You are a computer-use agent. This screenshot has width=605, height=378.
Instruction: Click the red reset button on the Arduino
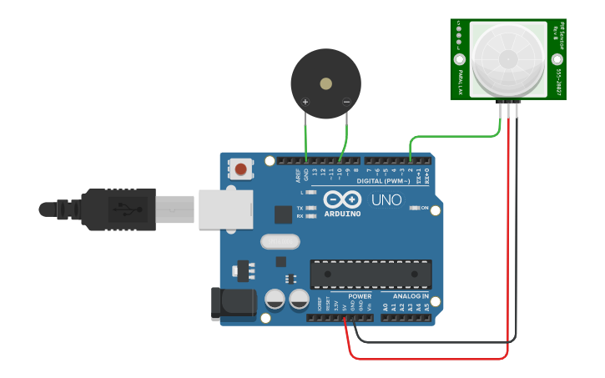pyautogui.click(x=241, y=169)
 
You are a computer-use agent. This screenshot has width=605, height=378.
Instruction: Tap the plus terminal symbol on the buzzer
pyautogui.click(x=305, y=102)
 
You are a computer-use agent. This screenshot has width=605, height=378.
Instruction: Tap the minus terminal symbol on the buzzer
pyautogui.click(x=346, y=102)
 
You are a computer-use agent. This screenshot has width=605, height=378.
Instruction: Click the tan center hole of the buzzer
pyautogui.click(x=325, y=83)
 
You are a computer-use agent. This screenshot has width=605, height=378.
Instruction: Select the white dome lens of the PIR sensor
pyautogui.click(x=507, y=58)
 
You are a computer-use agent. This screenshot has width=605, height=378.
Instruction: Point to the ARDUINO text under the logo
pyautogui.click(x=342, y=214)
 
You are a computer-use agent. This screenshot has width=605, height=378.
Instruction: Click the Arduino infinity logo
pyautogui.click(x=342, y=200)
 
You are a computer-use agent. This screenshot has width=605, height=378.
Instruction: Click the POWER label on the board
pyautogui.click(x=360, y=296)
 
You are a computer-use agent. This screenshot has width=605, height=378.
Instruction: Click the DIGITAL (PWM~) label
pyautogui.click(x=383, y=181)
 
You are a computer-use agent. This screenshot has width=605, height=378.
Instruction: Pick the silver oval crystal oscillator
pyautogui.click(x=279, y=242)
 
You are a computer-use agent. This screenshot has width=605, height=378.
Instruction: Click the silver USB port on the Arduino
pyautogui.click(x=225, y=209)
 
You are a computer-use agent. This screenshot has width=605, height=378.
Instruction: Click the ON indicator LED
pyautogui.click(x=415, y=208)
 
